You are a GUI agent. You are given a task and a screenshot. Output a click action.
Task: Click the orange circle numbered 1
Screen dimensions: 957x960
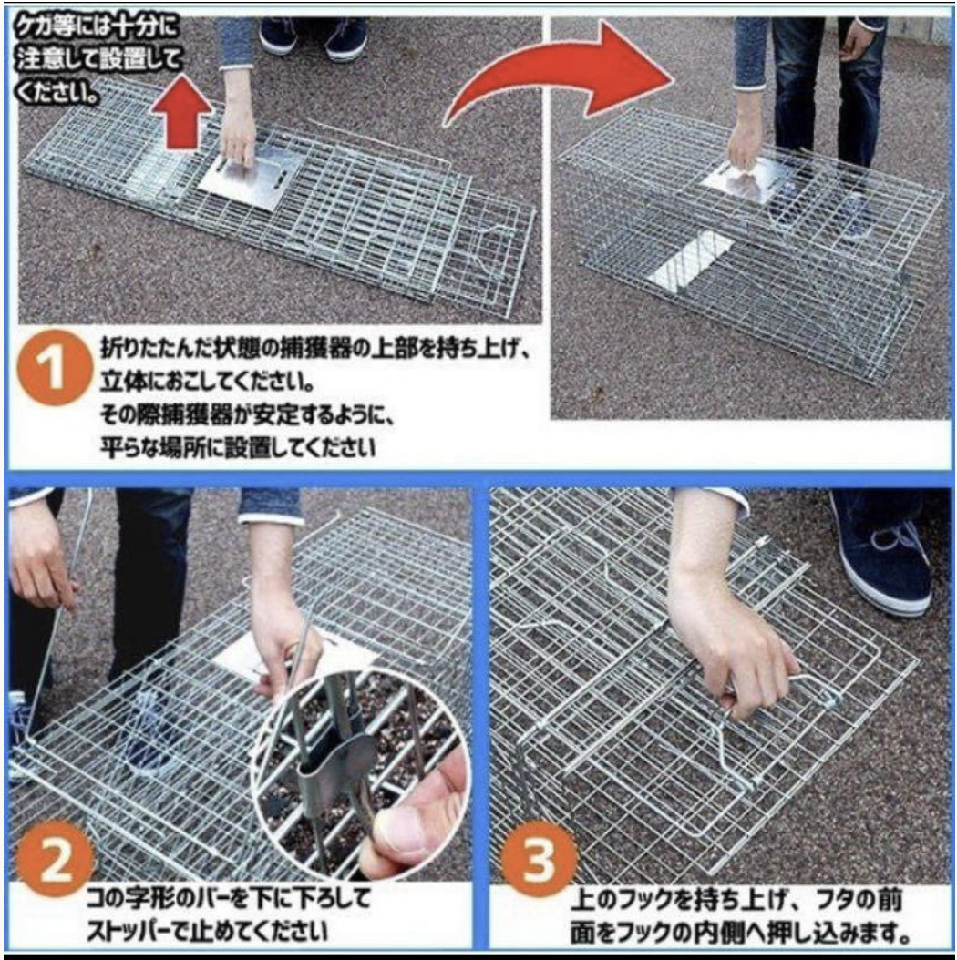54,368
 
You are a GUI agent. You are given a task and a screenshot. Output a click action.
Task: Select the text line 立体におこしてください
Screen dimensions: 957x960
208,382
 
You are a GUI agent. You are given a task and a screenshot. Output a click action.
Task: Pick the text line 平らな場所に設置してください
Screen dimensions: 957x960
238,447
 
